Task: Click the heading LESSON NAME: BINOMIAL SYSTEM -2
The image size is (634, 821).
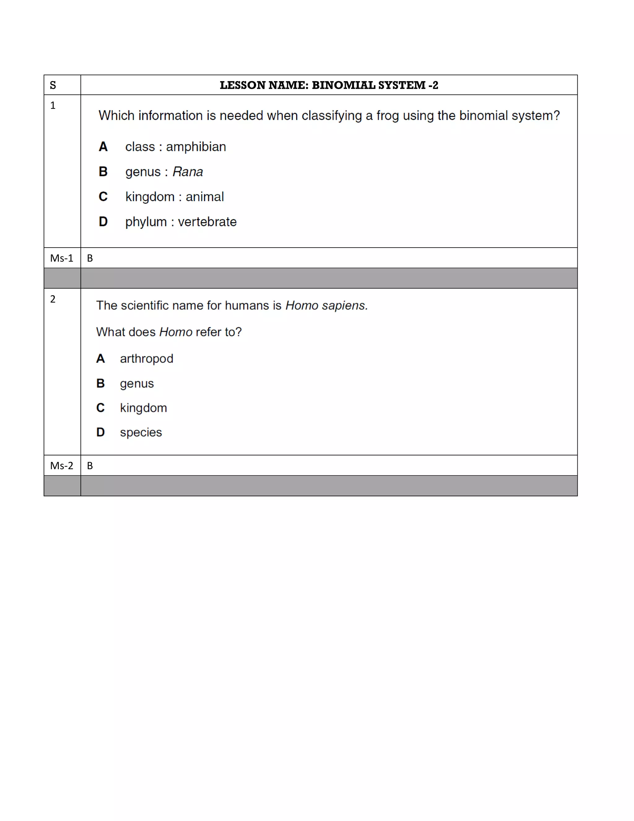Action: [x=329, y=85]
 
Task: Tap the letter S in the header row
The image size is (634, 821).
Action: [x=53, y=85]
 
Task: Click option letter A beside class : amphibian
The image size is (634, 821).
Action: [x=103, y=147]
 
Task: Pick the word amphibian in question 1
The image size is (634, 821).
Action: [x=196, y=147]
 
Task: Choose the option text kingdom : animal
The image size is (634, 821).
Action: [x=174, y=197]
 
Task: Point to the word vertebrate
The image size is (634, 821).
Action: [x=207, y=222]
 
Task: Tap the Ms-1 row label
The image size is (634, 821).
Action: [x=62, y=258]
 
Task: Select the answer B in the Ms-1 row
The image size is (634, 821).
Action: [x=90, y=258]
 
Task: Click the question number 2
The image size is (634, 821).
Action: [x=53, y=299]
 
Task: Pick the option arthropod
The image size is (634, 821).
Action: [x=146, y=359]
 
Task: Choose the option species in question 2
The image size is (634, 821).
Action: [x=141, y=432]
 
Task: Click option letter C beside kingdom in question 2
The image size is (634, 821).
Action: [x=100, y=408]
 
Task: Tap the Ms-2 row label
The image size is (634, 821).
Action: [x=62, y=466]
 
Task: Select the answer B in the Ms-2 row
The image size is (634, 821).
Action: [x=90, y=466]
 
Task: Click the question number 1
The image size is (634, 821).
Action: [x=53, y=106]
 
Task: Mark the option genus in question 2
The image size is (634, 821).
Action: [x=137, y=384]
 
